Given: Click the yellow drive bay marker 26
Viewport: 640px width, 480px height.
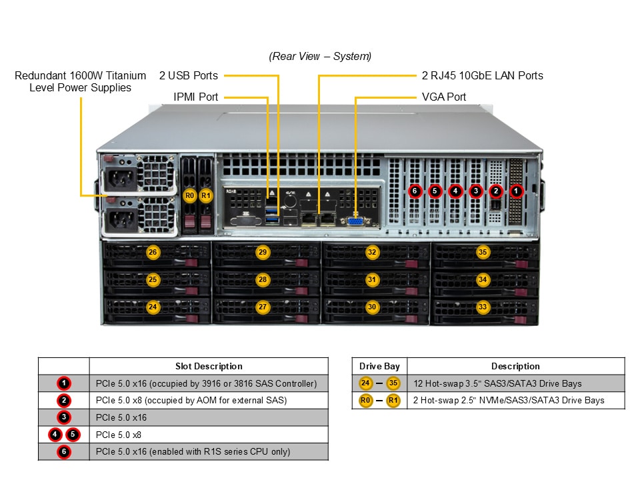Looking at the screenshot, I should (x=153, y=252).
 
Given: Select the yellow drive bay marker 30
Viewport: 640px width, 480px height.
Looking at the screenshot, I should (x=372, y=307).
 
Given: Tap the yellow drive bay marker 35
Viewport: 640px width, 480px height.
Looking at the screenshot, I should (x=483, y=252).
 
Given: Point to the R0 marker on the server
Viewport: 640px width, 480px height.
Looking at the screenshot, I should (x=189, y=196).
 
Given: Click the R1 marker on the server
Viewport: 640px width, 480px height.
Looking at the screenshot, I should (x=206, y=196).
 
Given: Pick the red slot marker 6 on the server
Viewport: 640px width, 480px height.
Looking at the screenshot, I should (x=415, y=191).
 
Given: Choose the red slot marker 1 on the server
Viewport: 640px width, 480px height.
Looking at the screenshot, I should (x=517, y=191).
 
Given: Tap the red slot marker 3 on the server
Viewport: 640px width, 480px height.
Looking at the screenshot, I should (x=475, y=191).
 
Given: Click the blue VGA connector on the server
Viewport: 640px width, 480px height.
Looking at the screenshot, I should (x=355, y=221).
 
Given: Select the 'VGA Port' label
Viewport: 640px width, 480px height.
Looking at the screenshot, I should (x=444, y=97).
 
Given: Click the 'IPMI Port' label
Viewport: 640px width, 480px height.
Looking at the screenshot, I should (x=195, y=97).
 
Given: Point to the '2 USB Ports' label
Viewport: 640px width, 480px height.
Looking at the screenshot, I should (x=188, y=75).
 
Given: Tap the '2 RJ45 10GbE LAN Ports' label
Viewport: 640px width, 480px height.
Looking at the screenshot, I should (x=482, y=75).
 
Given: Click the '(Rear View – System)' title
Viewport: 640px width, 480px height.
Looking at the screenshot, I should (x=320, y=56).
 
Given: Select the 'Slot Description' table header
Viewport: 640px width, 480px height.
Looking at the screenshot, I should (x=209, y=366).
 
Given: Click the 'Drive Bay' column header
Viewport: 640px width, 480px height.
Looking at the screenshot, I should (x=379, y=366).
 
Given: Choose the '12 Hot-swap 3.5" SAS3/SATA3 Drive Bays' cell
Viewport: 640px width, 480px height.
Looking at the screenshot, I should (x=497, y=383).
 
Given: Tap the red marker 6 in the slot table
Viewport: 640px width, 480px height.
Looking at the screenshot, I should (x=63, y=452).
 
